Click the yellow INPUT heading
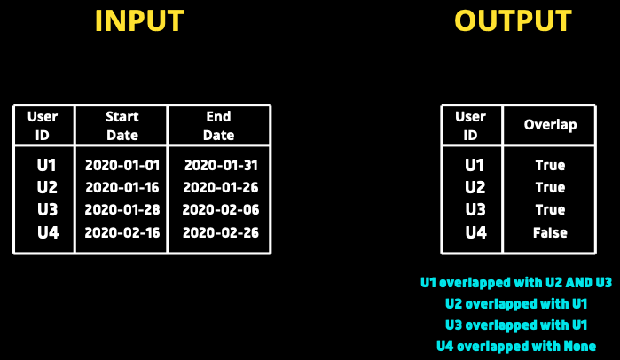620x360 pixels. (x=139, y=20)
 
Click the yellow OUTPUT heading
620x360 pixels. (x=513, y=20)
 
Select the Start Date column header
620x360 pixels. (x=122, y=126)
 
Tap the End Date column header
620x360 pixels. (x=219, y=126)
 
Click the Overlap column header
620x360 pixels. (x=550, y=125)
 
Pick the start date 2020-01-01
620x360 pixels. (x=122, y=165)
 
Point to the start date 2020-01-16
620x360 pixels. (x=122, y=187)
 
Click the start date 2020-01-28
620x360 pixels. (x=122, y=209)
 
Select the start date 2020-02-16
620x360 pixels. (x=122, y=232)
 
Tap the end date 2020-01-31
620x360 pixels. (x=221, y=165)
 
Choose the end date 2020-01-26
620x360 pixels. (x=221, y=187)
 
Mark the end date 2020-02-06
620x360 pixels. (x=221, y=209)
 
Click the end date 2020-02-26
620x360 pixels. (x=221, y=232)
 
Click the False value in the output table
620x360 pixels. (x=550, y=232)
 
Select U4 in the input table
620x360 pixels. (x=48, y=232)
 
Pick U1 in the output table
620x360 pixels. (x=475, y=165)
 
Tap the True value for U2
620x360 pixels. (x=550, y=187)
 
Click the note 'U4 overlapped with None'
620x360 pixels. (x=516, y=347)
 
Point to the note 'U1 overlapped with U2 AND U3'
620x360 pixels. (x=516, y=283)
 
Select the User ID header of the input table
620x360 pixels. (x=43, y=126)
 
